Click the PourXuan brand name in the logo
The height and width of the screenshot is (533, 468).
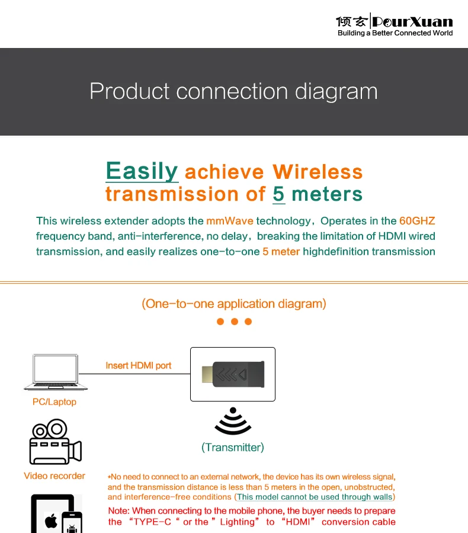[x=412, y=22]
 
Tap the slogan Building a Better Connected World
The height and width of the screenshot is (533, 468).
[x=395, y=33]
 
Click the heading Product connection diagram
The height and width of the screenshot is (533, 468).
[x=233, y=91]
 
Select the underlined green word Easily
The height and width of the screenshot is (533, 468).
[x=142, y=171]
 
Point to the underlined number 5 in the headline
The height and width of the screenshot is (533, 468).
[x=279, y=194]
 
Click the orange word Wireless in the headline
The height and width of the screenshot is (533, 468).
[x=317, y=172]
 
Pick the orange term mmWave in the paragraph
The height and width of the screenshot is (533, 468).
[x=230, y=221]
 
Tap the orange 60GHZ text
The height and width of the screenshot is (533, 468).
[x=417, y=221]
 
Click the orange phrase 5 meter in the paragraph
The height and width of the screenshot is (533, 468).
[x=281, y=252]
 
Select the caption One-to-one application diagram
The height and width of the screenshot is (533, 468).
[x=234, y=304]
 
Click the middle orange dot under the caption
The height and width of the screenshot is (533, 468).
[x=234, y=322]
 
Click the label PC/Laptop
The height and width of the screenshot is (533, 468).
[x=55, y=402]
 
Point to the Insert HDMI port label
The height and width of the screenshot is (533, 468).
[x=139, y=365]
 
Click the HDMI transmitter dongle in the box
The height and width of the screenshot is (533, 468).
[x=233, y=374]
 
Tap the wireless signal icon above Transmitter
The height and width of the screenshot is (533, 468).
[x=233, y=421]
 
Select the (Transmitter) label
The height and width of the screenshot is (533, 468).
[x=233, y=447]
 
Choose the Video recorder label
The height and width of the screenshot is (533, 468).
[x=55, y=476]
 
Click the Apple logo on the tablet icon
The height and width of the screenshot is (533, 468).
[x=51, y=521]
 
